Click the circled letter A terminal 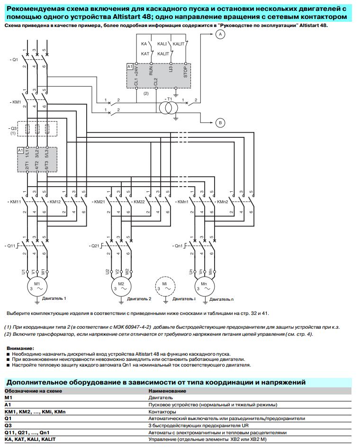220,34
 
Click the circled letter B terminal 220,123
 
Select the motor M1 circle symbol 37,287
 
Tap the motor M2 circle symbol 121,287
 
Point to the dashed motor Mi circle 165,287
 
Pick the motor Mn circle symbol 205,287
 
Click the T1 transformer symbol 169,108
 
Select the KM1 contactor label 16,102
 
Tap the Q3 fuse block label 13,128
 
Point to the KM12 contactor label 54,202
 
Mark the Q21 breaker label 94,246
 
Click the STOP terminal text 185,72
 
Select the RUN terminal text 151,71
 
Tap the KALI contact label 162,44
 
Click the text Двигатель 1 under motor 54,298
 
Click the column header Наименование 167,391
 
